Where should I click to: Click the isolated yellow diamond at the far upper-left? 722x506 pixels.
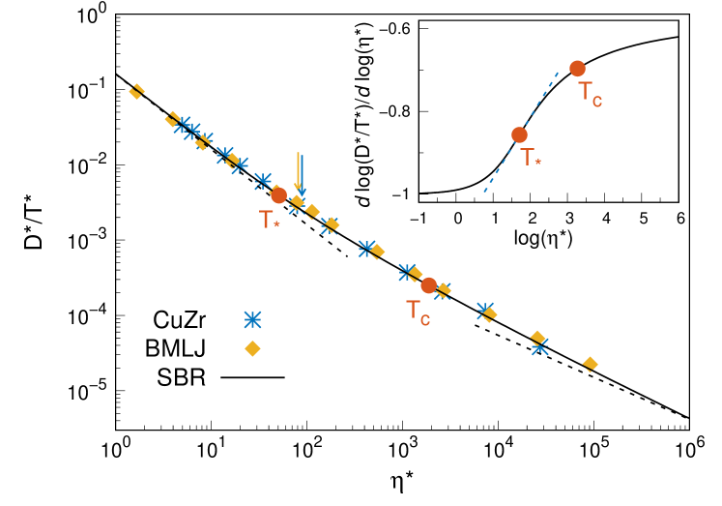coord(136,92)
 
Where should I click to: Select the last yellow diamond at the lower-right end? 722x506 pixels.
coord(590,364)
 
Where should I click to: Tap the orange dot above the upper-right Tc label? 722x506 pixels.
coord(577,69)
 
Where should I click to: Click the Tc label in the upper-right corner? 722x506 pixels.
coord(590,94)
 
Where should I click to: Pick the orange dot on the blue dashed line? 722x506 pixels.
coord(519,134)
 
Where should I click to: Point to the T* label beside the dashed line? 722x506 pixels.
coord(530,158)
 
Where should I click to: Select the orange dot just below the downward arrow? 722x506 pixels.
coord(278,195)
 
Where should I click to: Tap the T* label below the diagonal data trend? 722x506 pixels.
coord(269,221)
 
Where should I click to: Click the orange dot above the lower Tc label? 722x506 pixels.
coord(428,285)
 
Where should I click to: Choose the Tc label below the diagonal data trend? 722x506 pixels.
coord(418,312)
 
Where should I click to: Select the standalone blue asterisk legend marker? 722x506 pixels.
coord(252,319)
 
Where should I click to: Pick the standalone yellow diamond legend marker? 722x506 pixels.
coord(252,348)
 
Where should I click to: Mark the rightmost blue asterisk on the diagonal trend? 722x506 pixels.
coord(539,346)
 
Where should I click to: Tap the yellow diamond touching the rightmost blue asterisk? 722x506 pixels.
coord(537,337)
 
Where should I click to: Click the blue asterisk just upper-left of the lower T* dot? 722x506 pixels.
coord(263,181)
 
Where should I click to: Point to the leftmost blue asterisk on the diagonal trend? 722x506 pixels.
coord(182,125)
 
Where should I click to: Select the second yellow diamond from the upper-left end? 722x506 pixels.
coord(172,118)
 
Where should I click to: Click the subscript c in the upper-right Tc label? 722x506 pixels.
coord(597,101)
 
